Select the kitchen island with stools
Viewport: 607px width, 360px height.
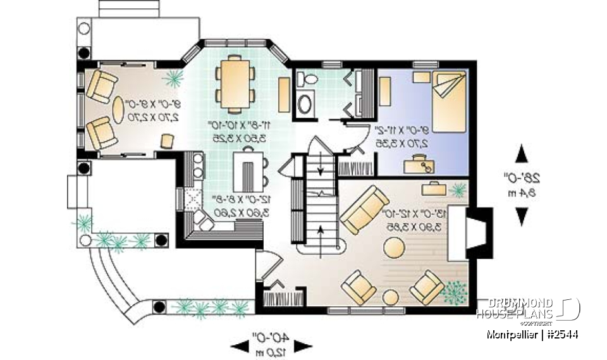pos(249,168)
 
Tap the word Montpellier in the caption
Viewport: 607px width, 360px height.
pos(512,333)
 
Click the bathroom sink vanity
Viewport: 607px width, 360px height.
pos(306,103)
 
